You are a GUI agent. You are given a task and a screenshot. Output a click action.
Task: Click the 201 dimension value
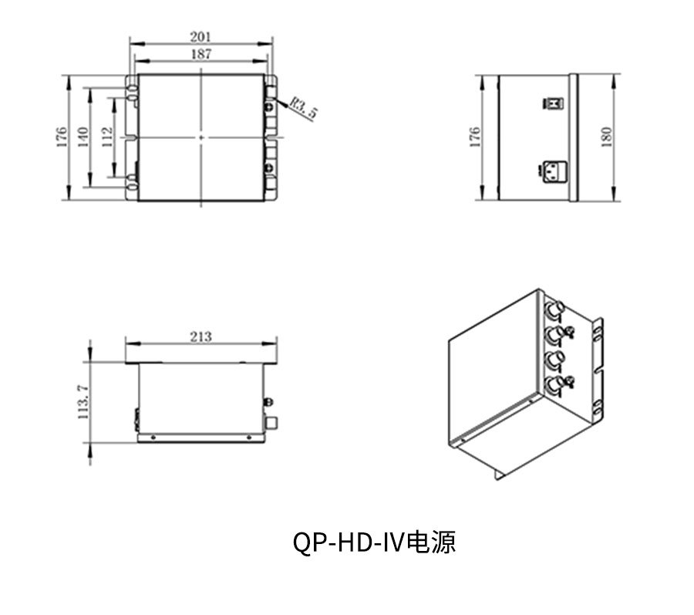(x=200, y=36)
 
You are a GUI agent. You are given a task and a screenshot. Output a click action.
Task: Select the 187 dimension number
(x=201, y=54)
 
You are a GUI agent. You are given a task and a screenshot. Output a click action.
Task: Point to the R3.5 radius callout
(x=304, y=109)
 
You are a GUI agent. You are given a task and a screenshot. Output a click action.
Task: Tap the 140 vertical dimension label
(x=83, y=137)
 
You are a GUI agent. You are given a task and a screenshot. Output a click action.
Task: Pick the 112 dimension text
(x=106, y=137)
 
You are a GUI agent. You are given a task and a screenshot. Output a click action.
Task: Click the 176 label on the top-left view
(x=61, y=137)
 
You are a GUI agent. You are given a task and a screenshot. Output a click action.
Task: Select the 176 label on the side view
(x=474, y=137)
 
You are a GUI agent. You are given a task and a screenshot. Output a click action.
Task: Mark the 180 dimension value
(x=606, y=137)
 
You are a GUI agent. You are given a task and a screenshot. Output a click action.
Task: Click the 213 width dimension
(x=201, y=337)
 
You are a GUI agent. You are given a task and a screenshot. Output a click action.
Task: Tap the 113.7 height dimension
(x=83, y=402)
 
